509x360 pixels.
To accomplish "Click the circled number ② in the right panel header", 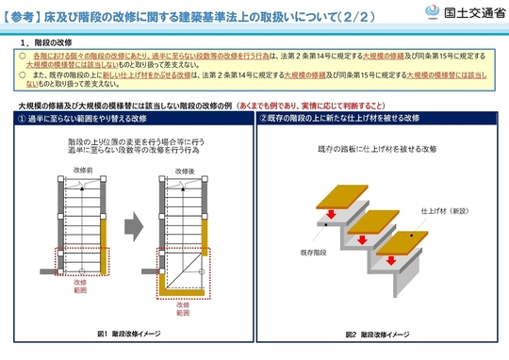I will [264, 119].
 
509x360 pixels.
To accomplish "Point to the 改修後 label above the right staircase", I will [172, 171].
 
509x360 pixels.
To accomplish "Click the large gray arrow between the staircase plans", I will [132, 228].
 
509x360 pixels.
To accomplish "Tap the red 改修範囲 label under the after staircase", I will [170, 309].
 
